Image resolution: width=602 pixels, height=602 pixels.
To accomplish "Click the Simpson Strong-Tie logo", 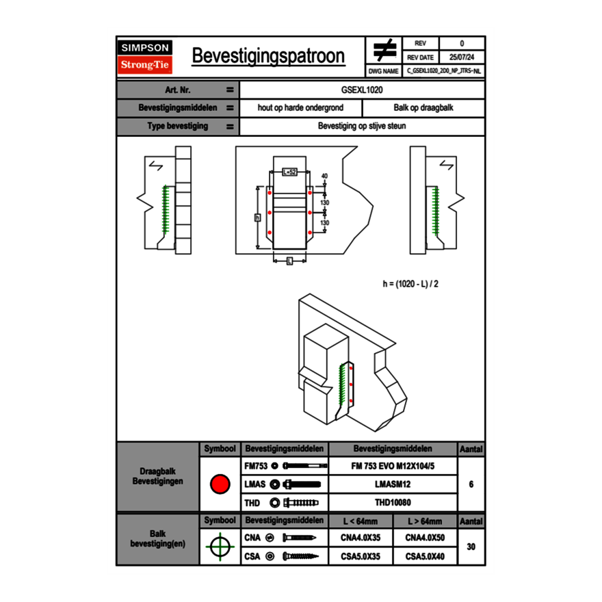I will tap(145, 57).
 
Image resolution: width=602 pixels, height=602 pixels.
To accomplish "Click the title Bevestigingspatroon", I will tap(268, 56).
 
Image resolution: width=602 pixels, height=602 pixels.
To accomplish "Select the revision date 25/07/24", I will tap(462, 57).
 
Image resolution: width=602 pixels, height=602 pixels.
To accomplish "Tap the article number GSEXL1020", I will tap(362, 90).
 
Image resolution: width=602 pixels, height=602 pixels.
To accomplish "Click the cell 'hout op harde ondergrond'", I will tap(300, 108).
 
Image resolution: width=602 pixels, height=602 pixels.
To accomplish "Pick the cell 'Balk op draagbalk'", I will tap(423, 108).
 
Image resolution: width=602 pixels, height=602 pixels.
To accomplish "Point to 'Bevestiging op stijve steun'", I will tap(362, 127).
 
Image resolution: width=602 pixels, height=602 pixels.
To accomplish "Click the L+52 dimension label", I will tap(289, 172).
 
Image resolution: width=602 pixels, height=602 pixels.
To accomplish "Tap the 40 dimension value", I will tap(324, 176).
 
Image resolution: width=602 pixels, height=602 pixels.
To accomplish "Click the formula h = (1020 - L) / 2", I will tap(410, 283).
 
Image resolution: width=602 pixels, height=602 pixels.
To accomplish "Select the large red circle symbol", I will tap(219, 484).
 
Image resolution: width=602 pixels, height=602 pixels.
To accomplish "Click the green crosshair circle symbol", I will tap(219, 547).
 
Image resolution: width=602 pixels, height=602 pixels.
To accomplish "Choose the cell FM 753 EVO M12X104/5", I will tap(393, 466).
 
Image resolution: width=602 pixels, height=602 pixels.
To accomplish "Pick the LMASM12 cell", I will tap(393, 484).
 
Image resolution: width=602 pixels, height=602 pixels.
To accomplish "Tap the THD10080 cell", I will tap(393, 503).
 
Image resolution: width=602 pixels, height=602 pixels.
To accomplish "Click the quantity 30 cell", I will tap(471, 547).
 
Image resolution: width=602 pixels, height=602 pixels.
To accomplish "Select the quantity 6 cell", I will tap(471, 484).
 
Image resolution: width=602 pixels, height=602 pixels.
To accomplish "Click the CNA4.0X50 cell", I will tap(425, 538).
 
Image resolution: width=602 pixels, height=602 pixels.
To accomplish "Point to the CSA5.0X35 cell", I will tap(361, 556).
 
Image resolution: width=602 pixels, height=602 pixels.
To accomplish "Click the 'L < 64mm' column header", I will tap(361, 521).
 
